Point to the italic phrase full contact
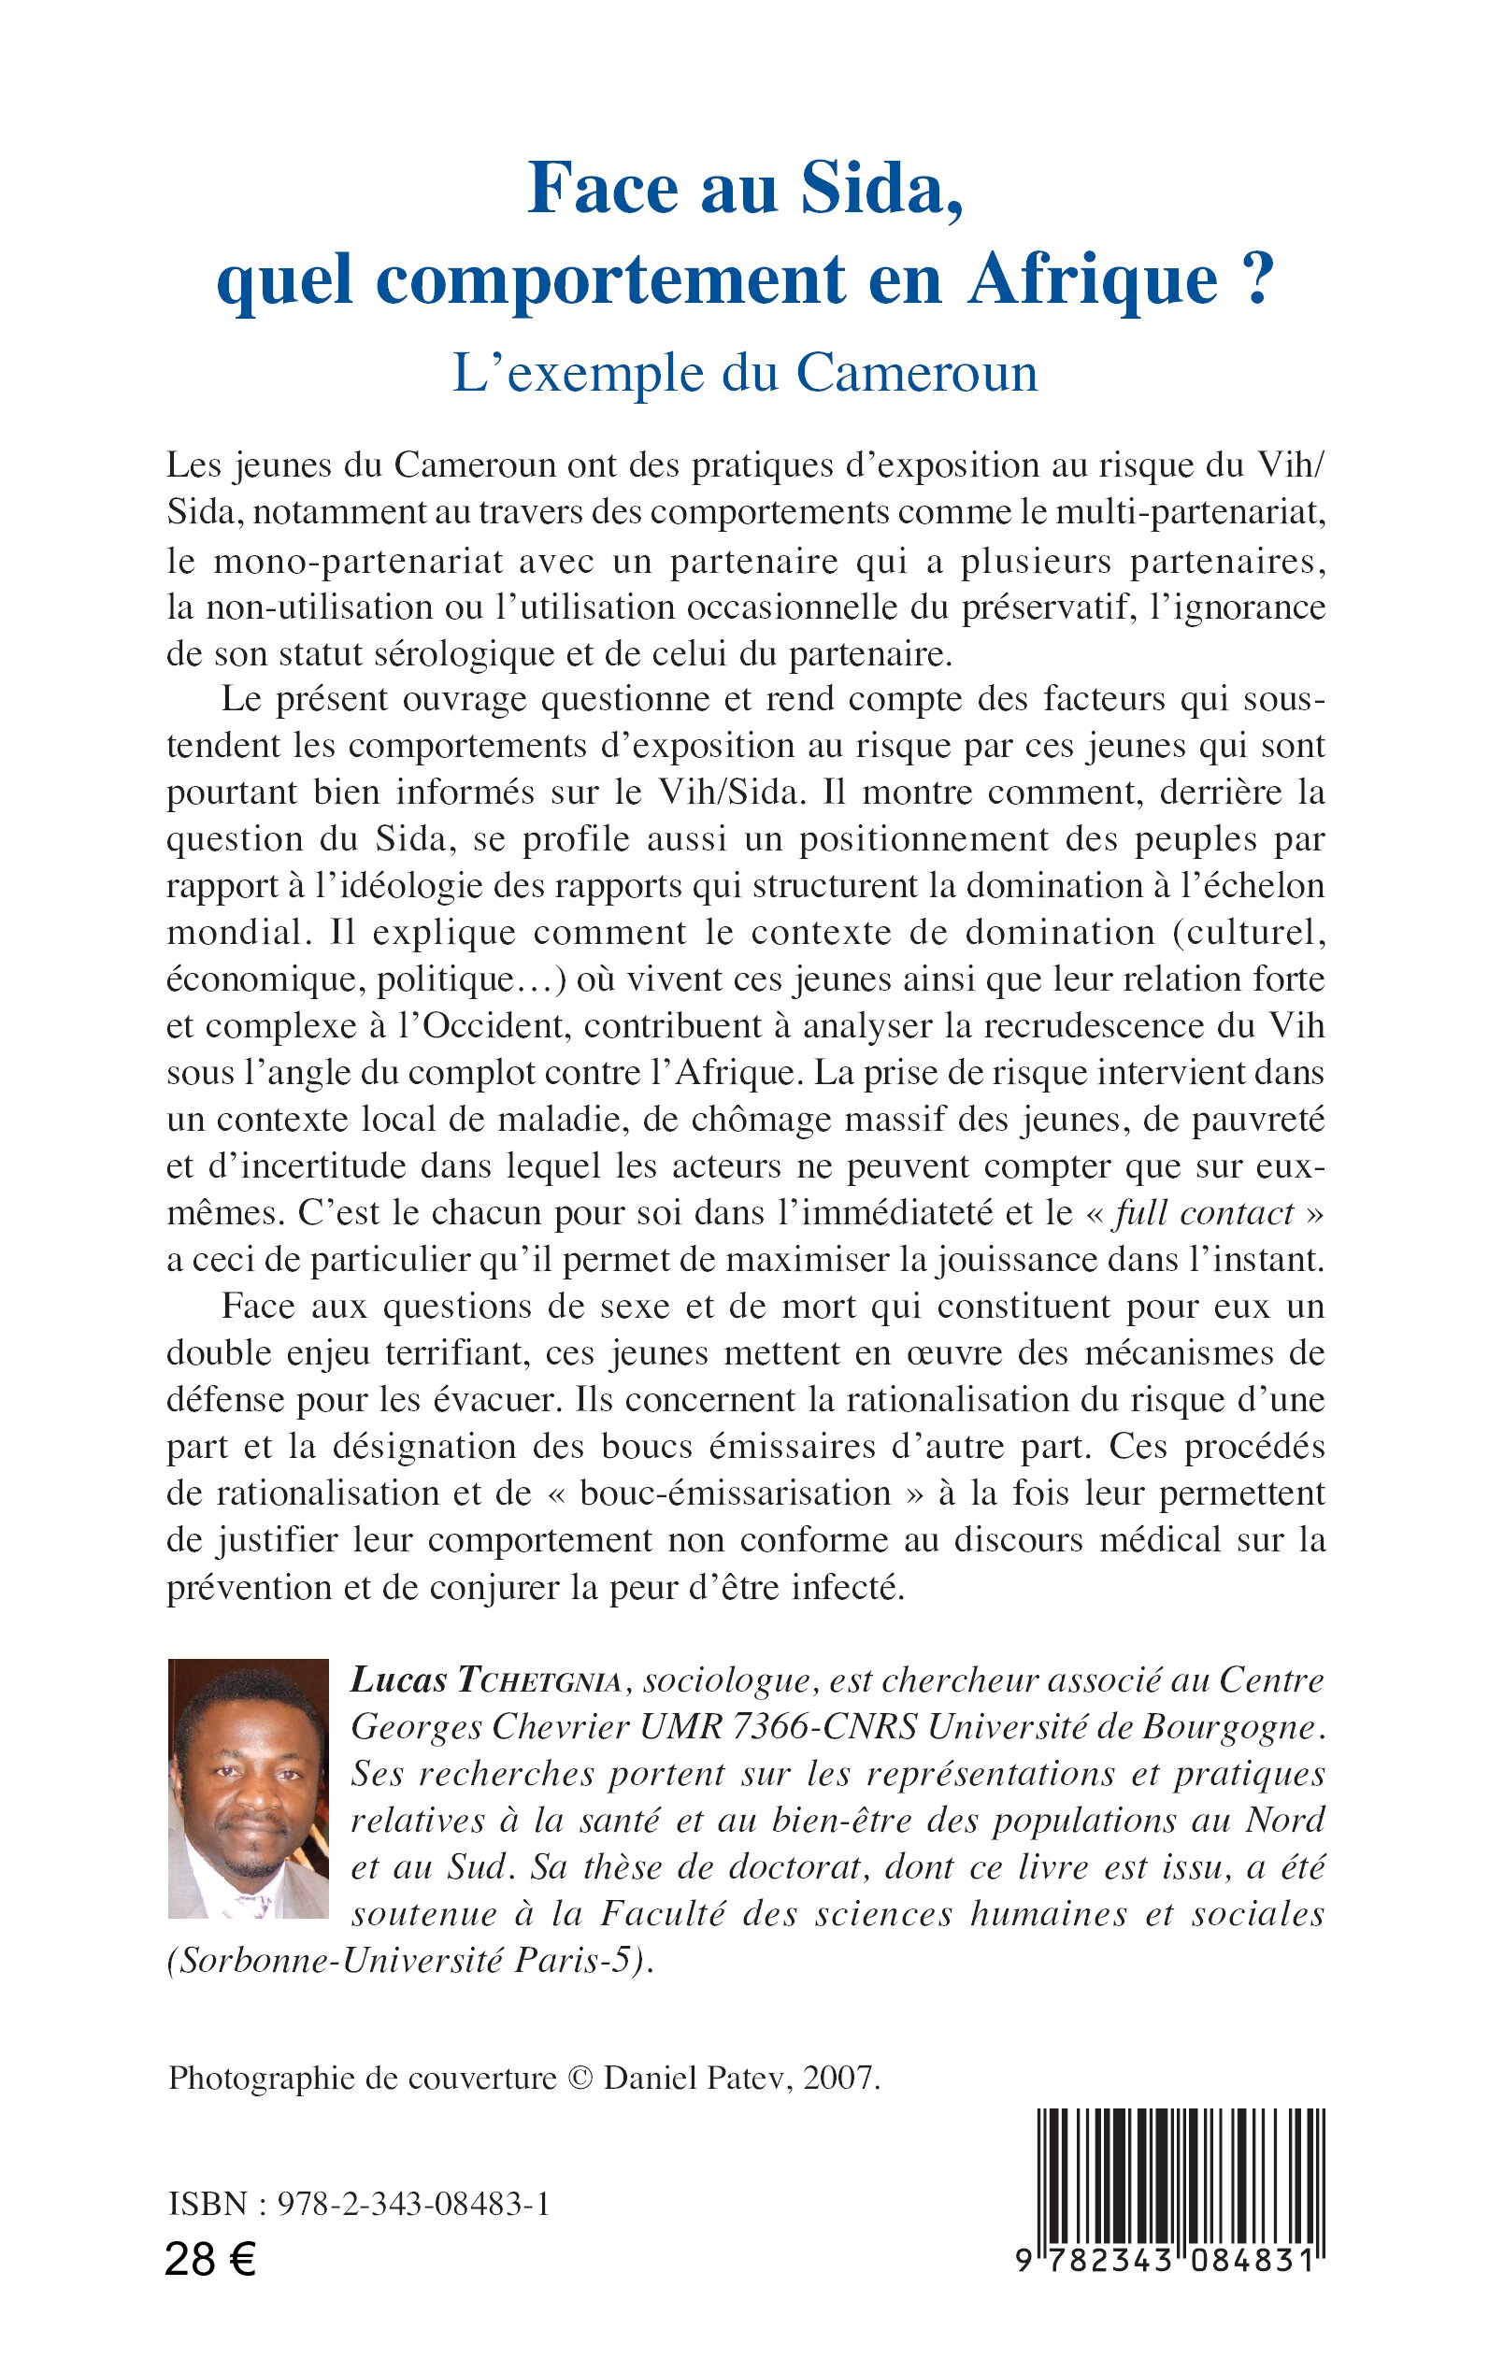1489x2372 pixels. [x=1203, y=1213]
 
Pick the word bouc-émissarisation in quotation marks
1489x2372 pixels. [x=735, y=1493]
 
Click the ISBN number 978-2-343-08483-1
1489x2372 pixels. [x=413, y=2204]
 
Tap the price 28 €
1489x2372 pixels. [x=209, y=2260]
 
